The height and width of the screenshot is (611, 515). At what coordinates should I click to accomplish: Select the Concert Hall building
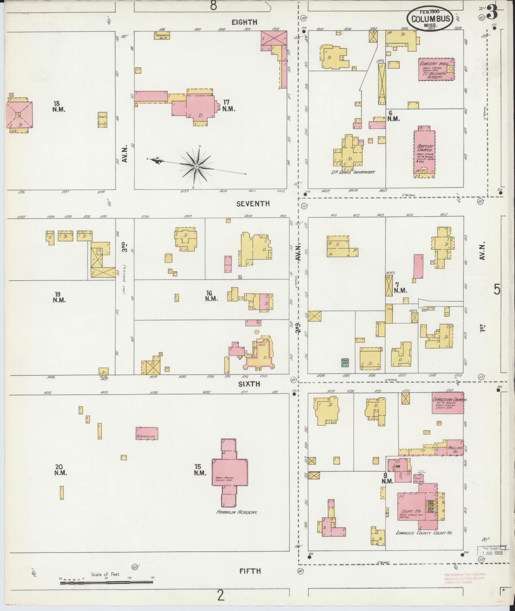[x=436, y=69]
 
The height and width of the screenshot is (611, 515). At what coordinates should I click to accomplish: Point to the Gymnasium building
[x=147, y=433]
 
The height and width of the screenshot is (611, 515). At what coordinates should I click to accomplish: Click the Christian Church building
[x=448, y=402]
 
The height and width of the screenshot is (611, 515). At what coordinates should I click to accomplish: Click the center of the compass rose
[x=197, y=166]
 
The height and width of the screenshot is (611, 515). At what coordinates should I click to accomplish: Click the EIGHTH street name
[x=244, y=22]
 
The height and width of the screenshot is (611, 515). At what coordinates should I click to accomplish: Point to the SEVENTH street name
[x=253, y=203]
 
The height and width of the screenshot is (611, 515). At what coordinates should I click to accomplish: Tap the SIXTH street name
[x=249, y=384]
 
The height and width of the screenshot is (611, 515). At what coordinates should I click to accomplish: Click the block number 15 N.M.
[x=200, y=470]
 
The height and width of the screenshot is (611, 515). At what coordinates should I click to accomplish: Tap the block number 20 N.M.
[x=60, y=470]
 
